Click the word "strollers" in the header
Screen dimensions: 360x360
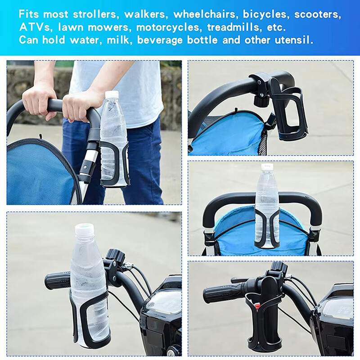pos(95,14)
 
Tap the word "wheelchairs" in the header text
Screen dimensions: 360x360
pos(204,14)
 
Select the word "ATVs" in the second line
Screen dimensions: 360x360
pos(35,27)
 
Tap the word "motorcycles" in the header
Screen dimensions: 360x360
pos(168,27)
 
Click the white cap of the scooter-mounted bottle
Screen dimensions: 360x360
pos(85,230)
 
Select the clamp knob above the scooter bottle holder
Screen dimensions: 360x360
pos(117,255)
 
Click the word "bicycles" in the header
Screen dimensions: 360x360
pos(265,14)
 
